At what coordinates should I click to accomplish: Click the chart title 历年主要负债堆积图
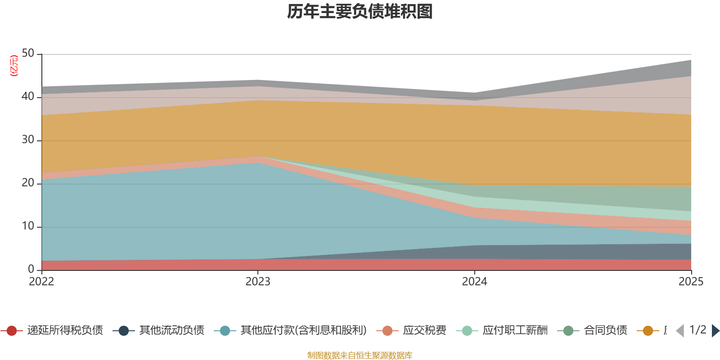point(360,12)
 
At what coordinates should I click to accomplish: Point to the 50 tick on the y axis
point(28,53)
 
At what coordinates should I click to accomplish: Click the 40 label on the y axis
point(28,96)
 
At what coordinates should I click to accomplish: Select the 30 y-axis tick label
point(28,139)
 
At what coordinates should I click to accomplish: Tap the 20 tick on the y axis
point(28,183)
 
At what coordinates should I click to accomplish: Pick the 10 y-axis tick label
point(28,226)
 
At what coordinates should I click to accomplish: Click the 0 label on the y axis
point(31,269)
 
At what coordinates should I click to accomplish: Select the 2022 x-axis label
point(41,282)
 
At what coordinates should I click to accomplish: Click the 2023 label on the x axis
point(258,282)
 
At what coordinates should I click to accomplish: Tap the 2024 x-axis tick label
point(474,282)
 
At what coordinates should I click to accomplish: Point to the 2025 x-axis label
point(691,282)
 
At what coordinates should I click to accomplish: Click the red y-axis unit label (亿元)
point(14,66)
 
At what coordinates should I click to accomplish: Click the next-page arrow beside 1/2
point(715,331)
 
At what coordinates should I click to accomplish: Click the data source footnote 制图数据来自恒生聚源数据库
point(360,355)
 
